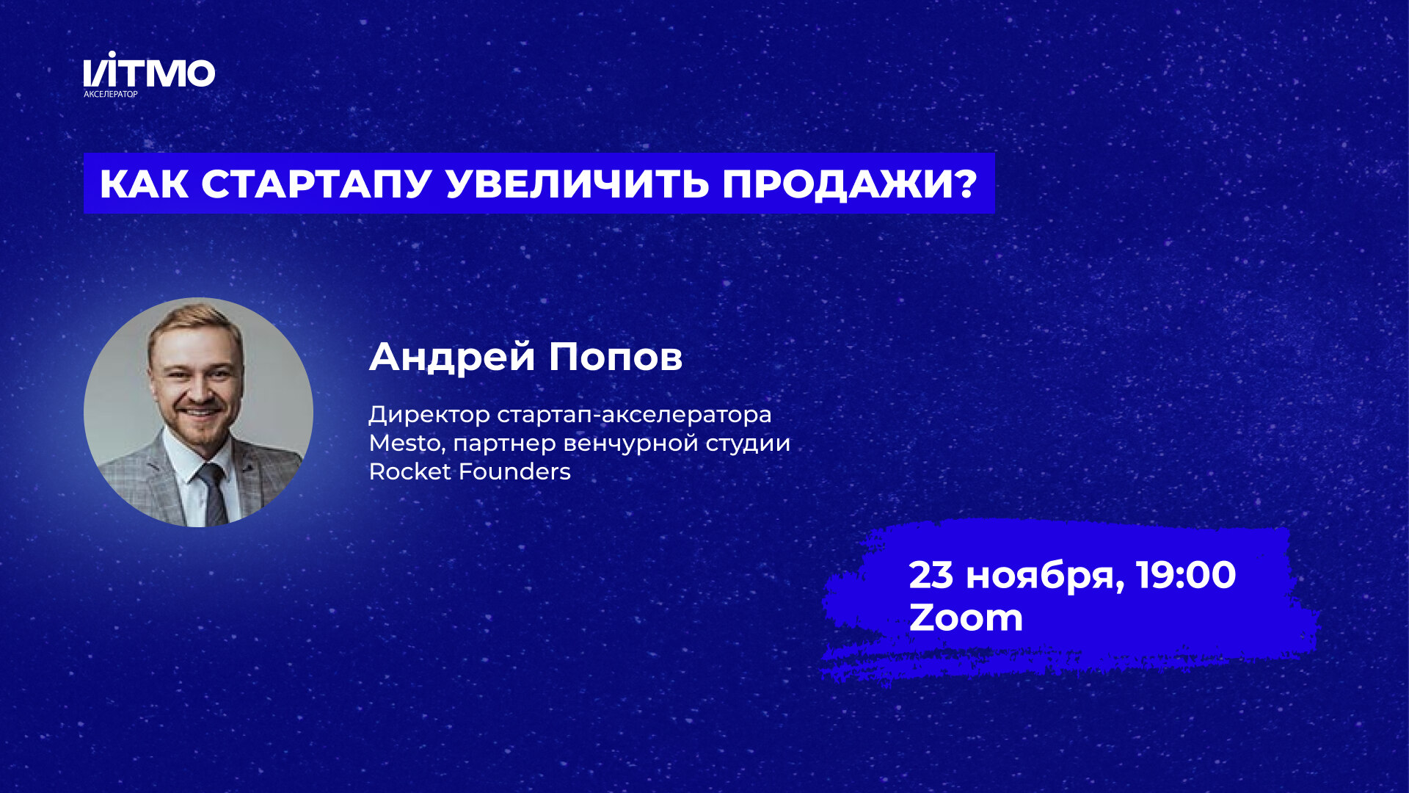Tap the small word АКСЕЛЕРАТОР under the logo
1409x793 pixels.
[111, 94]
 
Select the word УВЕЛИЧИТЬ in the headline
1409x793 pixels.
[578, 184]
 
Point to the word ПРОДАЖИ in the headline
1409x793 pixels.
[839, 184]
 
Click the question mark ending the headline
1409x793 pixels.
[968, 184]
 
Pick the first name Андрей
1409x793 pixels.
[452, 358]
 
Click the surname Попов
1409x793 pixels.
[616, 358]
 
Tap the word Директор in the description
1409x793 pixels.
[429, 415]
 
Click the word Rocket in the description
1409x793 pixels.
[409, 471]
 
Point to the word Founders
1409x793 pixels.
[514, 471]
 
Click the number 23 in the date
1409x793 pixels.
[931, 575]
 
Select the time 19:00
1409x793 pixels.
[1186, 575]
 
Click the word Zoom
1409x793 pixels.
[966, 618]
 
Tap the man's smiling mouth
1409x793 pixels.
[200, 412]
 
